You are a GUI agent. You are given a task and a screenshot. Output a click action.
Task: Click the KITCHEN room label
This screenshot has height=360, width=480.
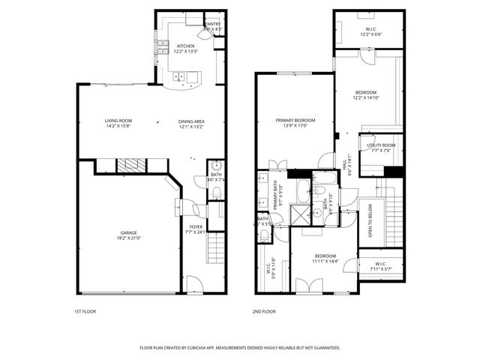[x=186, y=46]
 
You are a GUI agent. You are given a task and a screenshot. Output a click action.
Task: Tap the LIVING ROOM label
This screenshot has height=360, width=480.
[x=118, y=121]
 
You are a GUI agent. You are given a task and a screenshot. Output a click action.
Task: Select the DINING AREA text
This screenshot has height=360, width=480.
[x=191, y=121]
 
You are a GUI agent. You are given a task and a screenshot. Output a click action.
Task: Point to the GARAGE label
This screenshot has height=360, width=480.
[x=128, y=233]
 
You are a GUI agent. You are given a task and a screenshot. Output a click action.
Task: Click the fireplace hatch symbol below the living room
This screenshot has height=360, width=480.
[x=132, y=166]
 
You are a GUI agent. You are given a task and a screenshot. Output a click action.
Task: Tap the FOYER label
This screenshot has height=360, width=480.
[x=196, y=226]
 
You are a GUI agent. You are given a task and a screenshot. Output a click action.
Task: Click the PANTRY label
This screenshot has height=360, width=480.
[x=212, y=24]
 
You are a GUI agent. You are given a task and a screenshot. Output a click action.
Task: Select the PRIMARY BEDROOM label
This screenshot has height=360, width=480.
[x=295, y=121]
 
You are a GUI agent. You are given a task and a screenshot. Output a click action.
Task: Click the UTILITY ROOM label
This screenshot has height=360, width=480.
[x=381, y=145]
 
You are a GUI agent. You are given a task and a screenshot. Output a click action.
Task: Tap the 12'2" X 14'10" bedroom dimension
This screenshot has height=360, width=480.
[x=366, y=97]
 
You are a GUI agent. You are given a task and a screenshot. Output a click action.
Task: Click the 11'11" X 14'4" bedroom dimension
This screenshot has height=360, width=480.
[x=325, y=260]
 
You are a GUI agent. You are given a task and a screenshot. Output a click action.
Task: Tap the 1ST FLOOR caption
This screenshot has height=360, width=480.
[x=85, y=311]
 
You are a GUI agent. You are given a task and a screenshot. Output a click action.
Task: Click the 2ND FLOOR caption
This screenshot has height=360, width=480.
[x=265, y=311]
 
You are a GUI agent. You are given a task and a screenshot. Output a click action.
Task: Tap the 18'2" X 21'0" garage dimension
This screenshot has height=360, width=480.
[x=128, y=238]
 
